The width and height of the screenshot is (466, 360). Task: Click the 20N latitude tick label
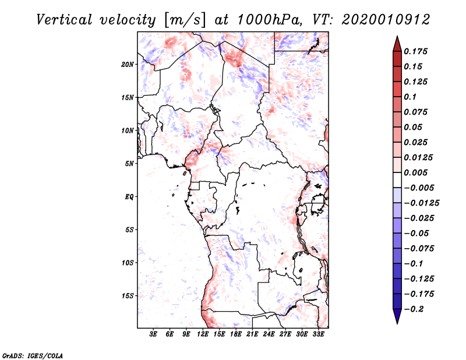pyautogui.click(x=128, y=64)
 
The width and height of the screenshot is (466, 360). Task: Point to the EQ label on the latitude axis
pyautogui.click(x=129, y=197)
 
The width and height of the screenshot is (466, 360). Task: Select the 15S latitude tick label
pyautogui.click(x=128, y=296)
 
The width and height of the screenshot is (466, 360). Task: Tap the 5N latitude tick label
pyautogui.click(x=129, y=164)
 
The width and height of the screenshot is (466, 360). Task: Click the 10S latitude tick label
pyautogui.click(x=128, y=263)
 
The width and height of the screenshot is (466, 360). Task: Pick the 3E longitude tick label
pyautogui.click(x=153, y=335)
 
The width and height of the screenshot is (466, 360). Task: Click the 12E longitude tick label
pyautogui.click(x=203, y=335)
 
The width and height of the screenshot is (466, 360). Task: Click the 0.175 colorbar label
pyautogui.click(x=416, y=51)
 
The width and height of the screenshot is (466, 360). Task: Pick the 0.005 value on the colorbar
pyautogui.click(x=416, y=172)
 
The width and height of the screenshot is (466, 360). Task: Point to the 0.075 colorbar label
pyautogui.click(x=416, y=112)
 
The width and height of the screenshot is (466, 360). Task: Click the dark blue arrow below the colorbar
pyautogui.click(x=397, y=317)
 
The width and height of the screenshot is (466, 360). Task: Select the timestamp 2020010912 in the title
pyautogui.click(x=387, y=19)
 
